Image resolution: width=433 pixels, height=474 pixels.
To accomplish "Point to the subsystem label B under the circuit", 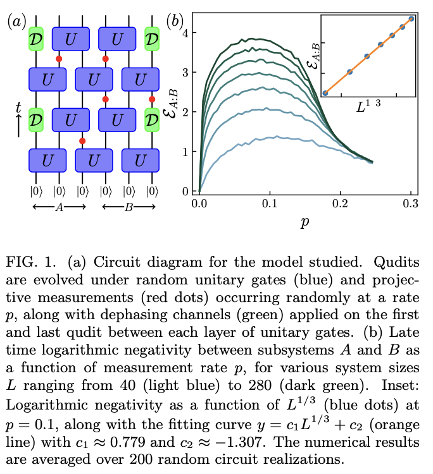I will pos(129,206).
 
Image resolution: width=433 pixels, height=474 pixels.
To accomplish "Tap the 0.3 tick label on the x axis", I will pos(411,204).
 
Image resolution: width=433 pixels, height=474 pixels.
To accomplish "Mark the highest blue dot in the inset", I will pos(411,19).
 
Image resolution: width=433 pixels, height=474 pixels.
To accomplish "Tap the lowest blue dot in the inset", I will pos(325,93).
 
